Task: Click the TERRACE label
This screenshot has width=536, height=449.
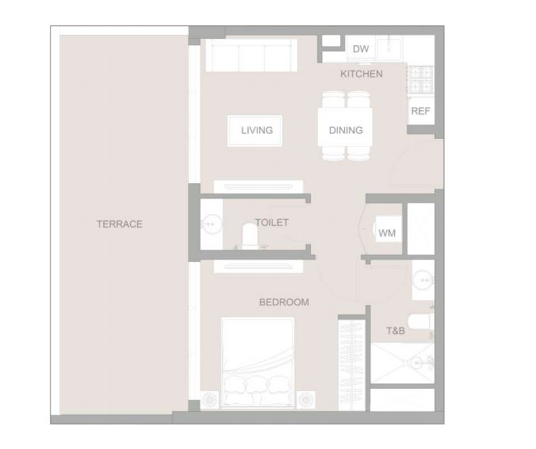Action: pyautogui.click(x=119, y=224)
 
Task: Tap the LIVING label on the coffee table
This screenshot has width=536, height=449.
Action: pyautogui.click(x=257, y=130)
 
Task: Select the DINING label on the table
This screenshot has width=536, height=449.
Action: pyautogui.click(x=346, y=130)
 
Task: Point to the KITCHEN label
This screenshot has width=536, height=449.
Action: pyautogui.click(x=362, y=74)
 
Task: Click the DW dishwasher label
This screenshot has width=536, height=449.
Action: pyautogui.click(x=361, y=49)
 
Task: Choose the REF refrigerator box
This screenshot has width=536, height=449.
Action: pyautogui.click(x=421, y=111)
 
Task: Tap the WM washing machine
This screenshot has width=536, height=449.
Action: pyautogui.click(x=389, y=228)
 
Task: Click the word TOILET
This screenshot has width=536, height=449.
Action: pyautogui.click(x=272, y=223)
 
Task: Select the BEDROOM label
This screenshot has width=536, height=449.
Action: pyautogui.click(x=284, y=302)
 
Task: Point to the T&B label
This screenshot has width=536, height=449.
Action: pyautogui.click(x=396, y=331)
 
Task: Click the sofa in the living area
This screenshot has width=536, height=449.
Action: pyautogui.click(x=251, y=55)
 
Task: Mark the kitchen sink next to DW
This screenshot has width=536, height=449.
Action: pyautogui.click(x=389, y=48)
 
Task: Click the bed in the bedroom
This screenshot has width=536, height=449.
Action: pyautogui.click(x=258, y=363)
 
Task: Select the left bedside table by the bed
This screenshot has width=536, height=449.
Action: pyautogui.click(x=209, y=400)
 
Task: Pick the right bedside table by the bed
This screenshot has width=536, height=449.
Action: pyautogui.click(x=305, y=400)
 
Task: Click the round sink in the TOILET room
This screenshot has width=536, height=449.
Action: pyautogui.click(x=211, y=224)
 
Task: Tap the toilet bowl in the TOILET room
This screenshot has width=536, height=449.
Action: pyautogui.click(x=249, y=235)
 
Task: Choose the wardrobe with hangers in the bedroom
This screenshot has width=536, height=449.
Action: pyautogui.click(x=352, y=365)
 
